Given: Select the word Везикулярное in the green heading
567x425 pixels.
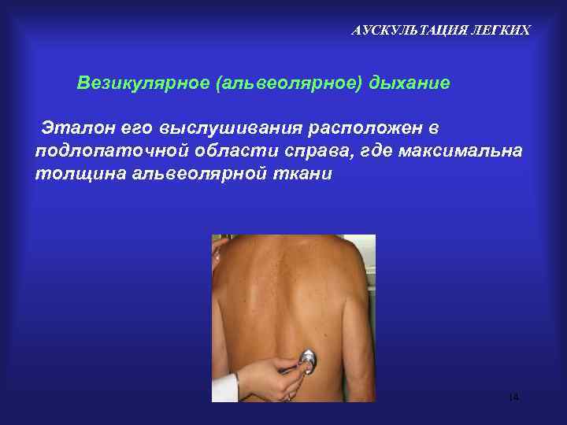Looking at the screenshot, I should click(143, 83).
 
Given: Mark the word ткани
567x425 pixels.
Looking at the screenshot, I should click(302, 173).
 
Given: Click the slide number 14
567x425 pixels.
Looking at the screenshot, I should click(513, 397).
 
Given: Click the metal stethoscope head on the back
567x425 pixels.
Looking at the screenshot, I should click(306, 361).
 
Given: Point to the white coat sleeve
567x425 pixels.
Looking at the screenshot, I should click(224, 388).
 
